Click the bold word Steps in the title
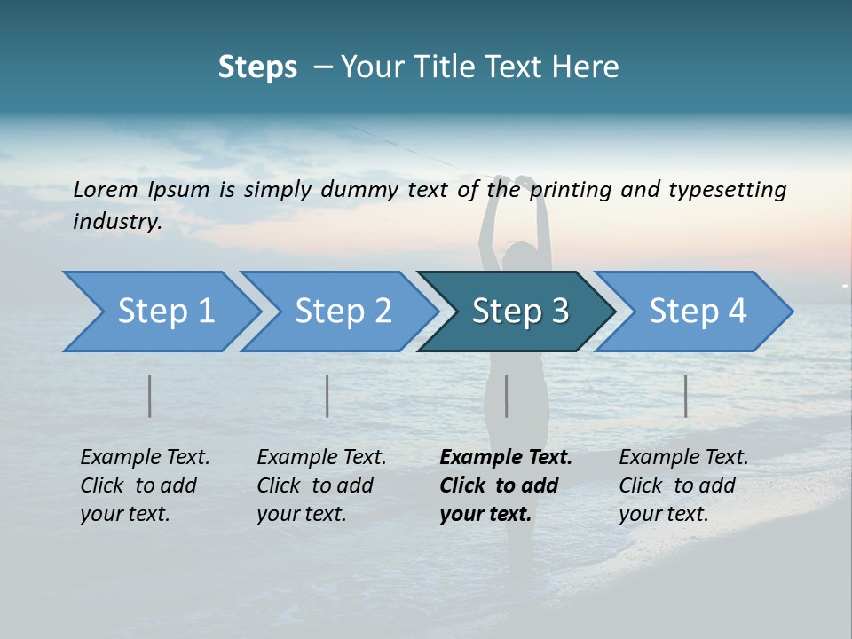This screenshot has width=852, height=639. click(257, 67)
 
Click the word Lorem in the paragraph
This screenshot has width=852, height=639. click(105, 189)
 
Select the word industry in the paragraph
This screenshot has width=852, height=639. click(116, 221)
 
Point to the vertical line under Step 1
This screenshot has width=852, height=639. click(150, 396)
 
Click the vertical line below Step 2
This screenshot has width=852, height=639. click(327, 396)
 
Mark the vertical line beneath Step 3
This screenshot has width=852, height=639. click(506, 396)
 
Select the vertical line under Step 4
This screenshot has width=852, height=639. click(685, 396)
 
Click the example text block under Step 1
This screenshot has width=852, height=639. click(145, 485)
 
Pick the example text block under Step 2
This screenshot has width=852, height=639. click(321, 485)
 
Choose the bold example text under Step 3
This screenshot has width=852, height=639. click(505, 485)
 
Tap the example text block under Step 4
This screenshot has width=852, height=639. click(683, 485)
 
